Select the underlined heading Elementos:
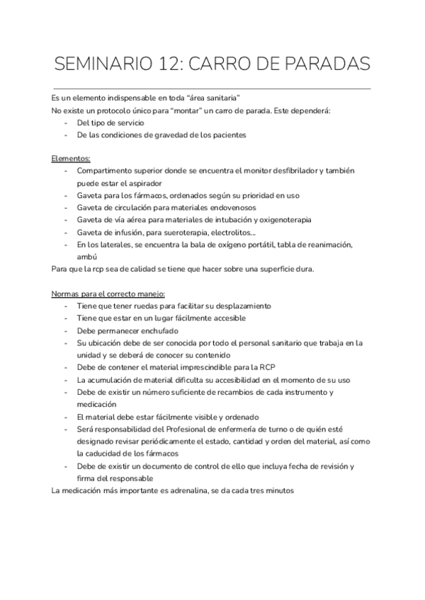click(71, 158)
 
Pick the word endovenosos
click(230, 207)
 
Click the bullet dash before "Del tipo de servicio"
click(65, 122)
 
